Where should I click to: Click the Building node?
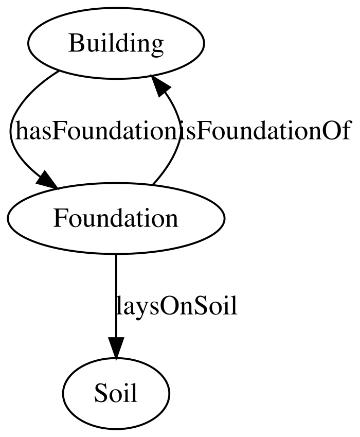click(x=116, y=43)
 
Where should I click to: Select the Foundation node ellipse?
click(x=116, y=218)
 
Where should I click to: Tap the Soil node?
click(x=116, y=393)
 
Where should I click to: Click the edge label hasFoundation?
click(x=97, y=131)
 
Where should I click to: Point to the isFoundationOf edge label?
click(x=264, y=131)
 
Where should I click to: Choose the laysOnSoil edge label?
click(x=176, y=306)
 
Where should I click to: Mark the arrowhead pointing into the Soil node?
click(x=116, y=347)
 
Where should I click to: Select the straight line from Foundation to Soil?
click(x=116, y=295)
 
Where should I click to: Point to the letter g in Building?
click(x=157, y=47)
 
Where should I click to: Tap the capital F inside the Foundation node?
click(x=60, y=218)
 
